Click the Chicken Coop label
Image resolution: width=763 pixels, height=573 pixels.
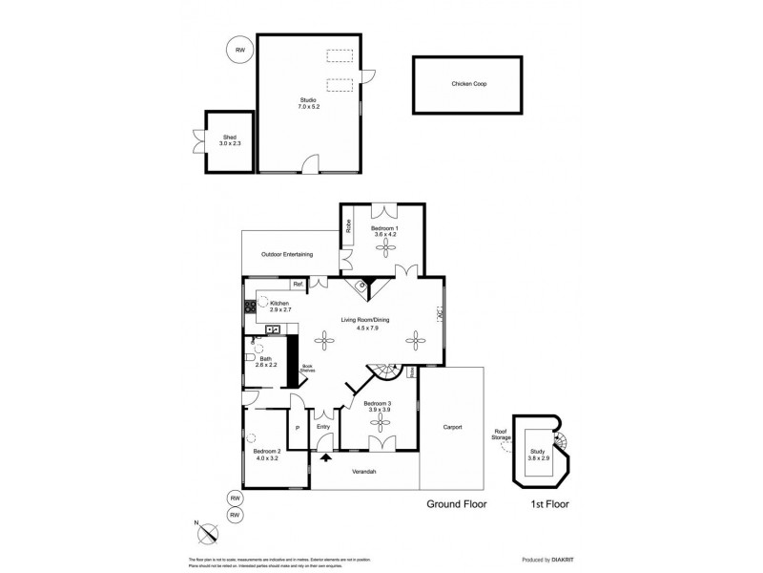coord(469,84)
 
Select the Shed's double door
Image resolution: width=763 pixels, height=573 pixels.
coord(196,141)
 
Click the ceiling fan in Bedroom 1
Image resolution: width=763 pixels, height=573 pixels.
coord(385,245)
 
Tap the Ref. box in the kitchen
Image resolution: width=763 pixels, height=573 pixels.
coord(299,284)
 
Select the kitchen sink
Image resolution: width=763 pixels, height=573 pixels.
coord(272,329)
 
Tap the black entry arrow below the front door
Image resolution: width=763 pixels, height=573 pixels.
coord(327,457)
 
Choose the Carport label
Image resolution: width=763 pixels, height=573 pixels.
coord(451,427)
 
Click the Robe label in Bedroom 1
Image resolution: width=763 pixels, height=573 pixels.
coord(349,227)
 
